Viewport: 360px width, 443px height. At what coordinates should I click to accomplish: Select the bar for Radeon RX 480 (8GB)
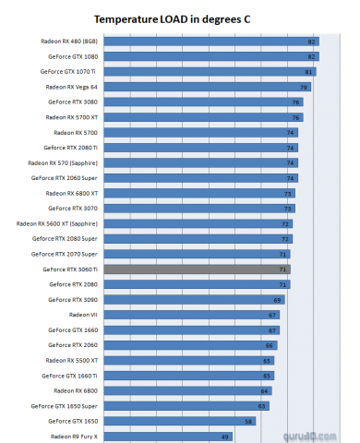[x=212, y=42]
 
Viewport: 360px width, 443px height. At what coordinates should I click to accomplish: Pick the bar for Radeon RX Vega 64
[x=208, y=87]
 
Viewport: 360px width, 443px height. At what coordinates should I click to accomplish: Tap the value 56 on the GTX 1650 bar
[x=248, y=421]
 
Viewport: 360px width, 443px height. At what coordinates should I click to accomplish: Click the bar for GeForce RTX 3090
[x=194, y=299]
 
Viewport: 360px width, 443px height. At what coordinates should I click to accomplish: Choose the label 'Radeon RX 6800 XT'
[x=70, y=193]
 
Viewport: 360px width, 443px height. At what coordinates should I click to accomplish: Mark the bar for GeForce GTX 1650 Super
[x=185, y=405]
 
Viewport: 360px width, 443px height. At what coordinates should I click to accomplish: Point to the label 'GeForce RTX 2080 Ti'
[x=71, y=148]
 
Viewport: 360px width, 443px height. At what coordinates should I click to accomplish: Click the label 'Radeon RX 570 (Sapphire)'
[x=63, y=162]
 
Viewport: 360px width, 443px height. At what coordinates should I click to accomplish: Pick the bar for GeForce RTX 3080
[x=204, y=102]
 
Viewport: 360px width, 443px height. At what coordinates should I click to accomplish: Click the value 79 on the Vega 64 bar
[x=304, y=87]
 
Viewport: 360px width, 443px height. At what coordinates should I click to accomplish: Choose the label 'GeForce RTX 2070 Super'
[x=65, y=254]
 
